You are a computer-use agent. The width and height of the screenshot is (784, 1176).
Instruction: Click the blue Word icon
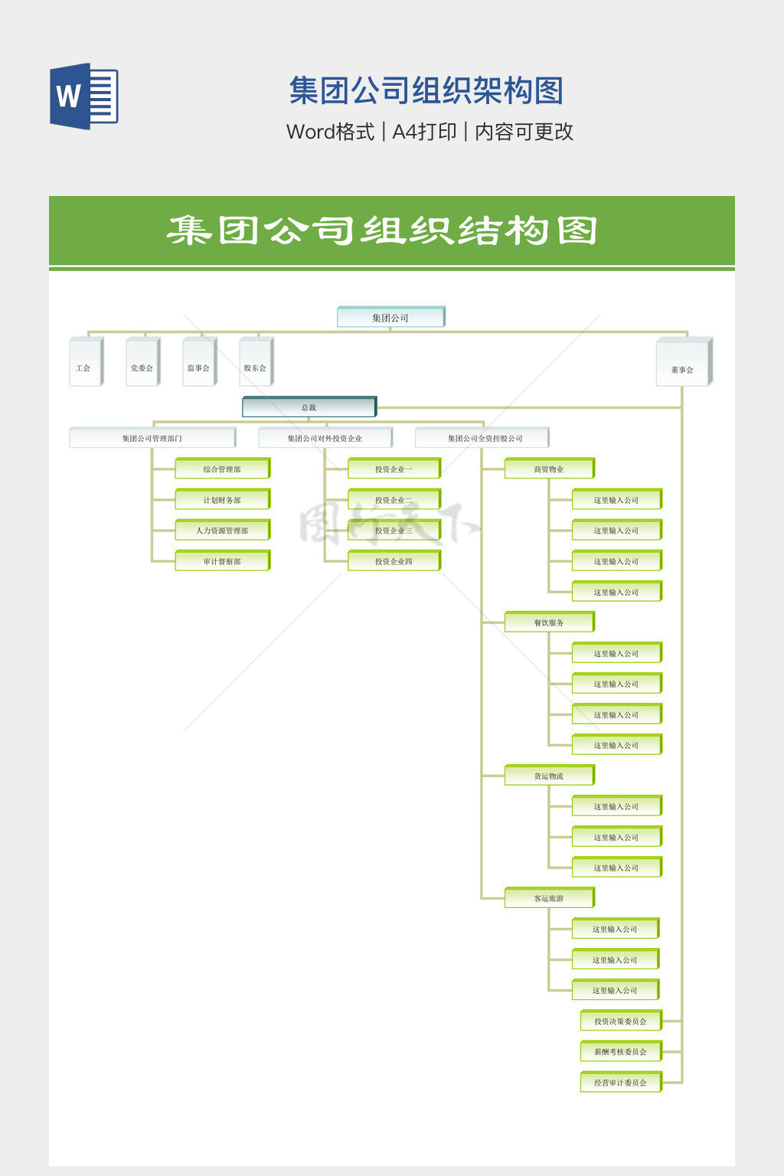click(x=83, y=96)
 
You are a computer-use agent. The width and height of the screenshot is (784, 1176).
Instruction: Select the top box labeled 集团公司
click(x=390, y=317)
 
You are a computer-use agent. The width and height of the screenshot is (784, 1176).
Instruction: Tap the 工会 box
click(x=85, y=362)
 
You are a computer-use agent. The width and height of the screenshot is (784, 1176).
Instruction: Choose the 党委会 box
click(x=142, y=362)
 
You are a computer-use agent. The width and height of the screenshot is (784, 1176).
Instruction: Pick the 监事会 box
click(x=199, y=362)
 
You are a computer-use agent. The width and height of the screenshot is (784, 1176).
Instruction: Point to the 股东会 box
click(x=256, y=362)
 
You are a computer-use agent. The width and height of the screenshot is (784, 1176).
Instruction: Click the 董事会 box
click(x=683, y=363)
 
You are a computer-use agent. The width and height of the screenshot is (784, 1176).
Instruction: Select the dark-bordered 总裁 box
click(x=309, y=407)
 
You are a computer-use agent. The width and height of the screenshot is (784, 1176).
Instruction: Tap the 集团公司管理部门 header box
click(x=152, y=438)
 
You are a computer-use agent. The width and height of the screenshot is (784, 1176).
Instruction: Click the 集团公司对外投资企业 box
click(x=325, y=438)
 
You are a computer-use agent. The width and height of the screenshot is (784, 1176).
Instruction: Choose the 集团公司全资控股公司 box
click(x=482, y=438)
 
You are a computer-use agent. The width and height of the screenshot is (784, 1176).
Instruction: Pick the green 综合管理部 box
click(x=222, y=469)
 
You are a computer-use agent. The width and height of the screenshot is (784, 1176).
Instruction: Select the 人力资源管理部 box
click(x=222, y=530)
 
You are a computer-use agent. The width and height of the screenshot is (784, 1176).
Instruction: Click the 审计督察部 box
click(x=222, y=561)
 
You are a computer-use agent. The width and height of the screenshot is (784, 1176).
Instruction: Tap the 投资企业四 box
click(x=394, y=561)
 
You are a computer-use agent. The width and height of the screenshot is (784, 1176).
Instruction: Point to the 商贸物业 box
click(x=549, y=469)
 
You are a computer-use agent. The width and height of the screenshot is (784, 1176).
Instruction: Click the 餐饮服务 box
click(x=549, y=622)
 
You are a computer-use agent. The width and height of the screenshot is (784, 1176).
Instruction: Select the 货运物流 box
click(x=549, y=776)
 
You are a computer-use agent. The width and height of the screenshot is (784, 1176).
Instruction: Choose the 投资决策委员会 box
click(x=620, y=1021)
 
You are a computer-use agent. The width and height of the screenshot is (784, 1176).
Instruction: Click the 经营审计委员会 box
click(x=620, y=1082)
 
